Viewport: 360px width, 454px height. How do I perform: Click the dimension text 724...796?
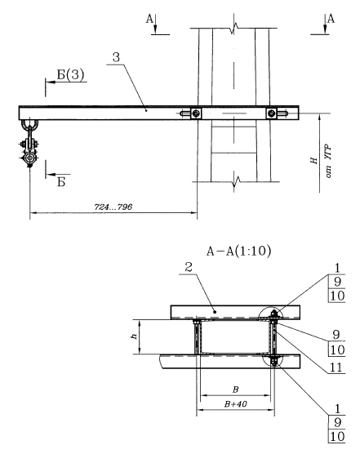point(113,207)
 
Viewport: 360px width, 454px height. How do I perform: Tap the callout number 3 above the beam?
point(116,57)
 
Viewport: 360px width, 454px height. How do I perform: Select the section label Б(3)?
point(70,74)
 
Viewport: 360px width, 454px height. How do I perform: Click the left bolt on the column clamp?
point(196,113)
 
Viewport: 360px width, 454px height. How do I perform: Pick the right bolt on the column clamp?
point(272,113)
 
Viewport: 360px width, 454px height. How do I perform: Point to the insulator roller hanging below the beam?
point(29,158)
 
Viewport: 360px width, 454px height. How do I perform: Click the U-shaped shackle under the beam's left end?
point(29,125)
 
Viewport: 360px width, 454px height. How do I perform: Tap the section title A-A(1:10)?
point(238,251)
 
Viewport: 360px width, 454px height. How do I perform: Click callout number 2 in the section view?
point(189,267)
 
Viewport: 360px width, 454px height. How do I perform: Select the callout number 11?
point(336,367)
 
